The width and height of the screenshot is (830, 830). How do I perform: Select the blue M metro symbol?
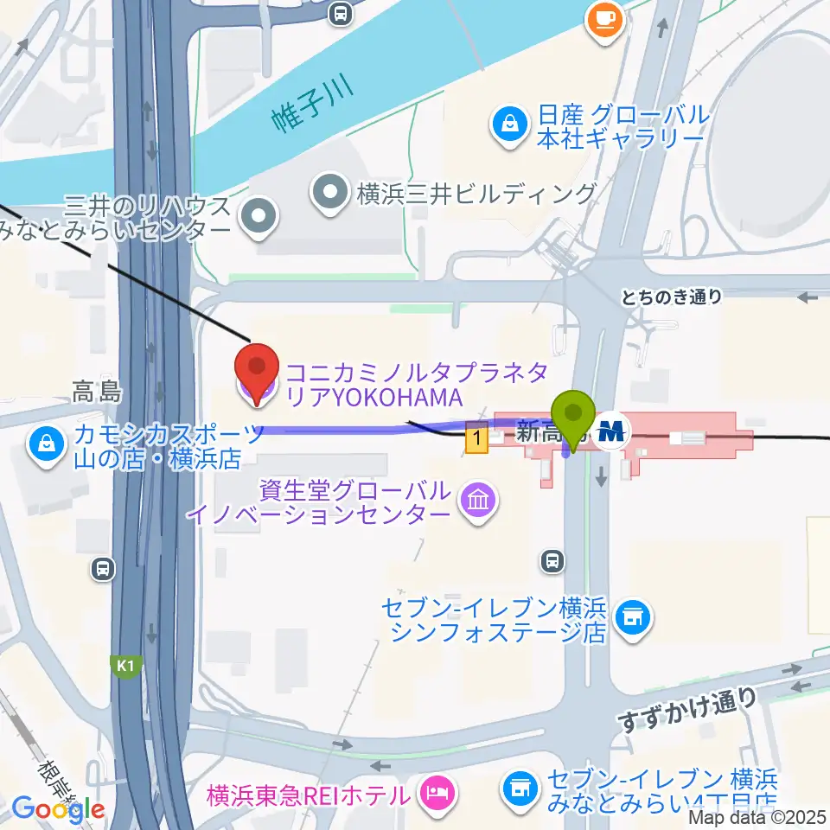coord(614,431)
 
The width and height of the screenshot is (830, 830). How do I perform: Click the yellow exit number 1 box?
coord(476,439)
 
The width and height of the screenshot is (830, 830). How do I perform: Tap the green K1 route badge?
coord(126,665)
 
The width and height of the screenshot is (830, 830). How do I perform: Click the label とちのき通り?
coord(671,297)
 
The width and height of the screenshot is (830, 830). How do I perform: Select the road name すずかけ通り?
coord(686,710)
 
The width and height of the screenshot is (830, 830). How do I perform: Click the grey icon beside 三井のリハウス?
coord(258,219)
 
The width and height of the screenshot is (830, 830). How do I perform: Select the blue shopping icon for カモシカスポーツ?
coord(44,446)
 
